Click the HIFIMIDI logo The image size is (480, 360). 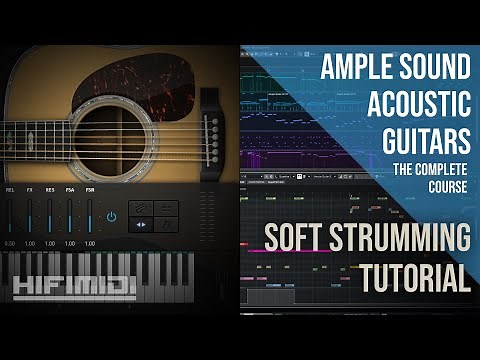(x=75, y=288)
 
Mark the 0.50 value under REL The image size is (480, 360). (x=10, y=243)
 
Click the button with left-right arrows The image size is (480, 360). (x=140, y=224)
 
